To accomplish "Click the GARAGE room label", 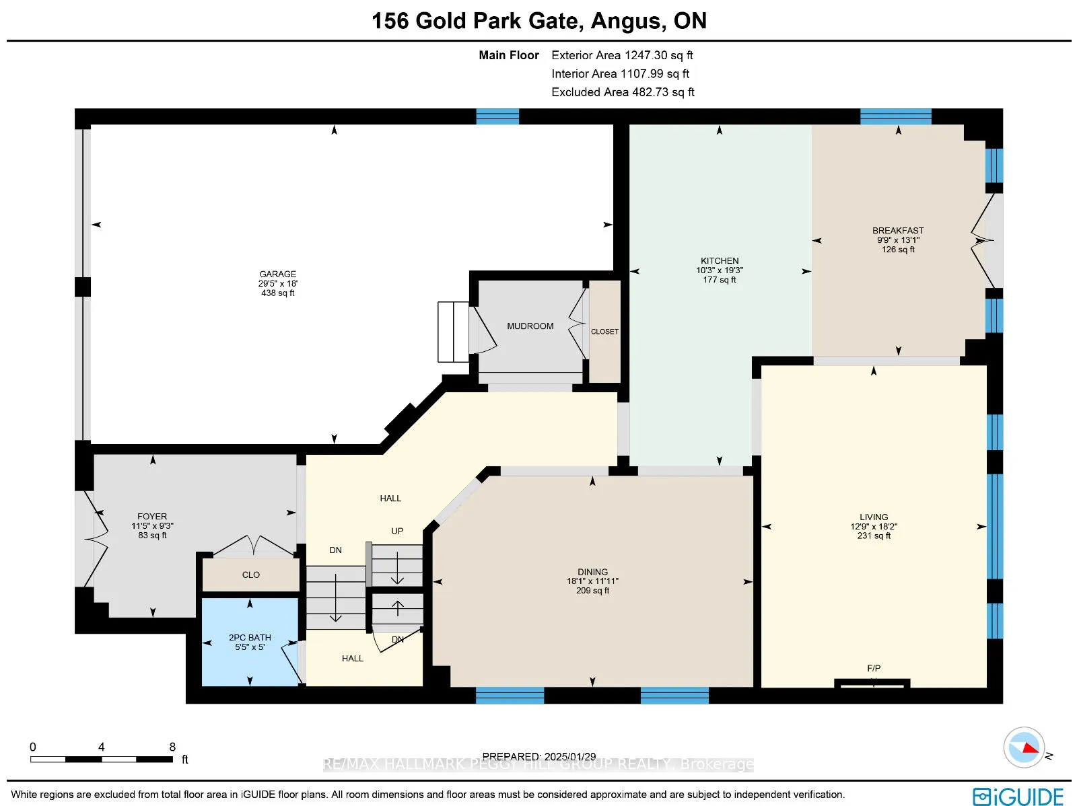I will (x=277, y=274).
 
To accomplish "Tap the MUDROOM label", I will (x=530, y=326).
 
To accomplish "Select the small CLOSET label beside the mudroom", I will (x=604, y=332).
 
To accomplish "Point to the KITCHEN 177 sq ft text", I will (x=720, y=280).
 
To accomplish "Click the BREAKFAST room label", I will (x=898, y=231).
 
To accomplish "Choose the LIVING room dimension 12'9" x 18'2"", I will (x=874, y=527).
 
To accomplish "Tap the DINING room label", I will (x=592, y=572).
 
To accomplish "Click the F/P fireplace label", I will (x=873, y=668).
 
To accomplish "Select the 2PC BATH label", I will (x=250, y=638).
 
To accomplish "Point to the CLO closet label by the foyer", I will (x=250, y=575).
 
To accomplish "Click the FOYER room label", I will (x=152, y=517).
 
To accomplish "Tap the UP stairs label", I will (x=397, y=532).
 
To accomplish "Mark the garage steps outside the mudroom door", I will (x=453, y=332).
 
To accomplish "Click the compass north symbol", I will (x=1024, y=747).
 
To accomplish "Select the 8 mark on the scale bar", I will (x=172, y=747).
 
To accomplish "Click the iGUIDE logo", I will (x=1018, y=797).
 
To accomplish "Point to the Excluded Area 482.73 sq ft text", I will (x=623, y=92).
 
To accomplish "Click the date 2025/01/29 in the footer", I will (x=570, y=757).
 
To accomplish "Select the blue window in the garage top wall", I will (x=497, y=116).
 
